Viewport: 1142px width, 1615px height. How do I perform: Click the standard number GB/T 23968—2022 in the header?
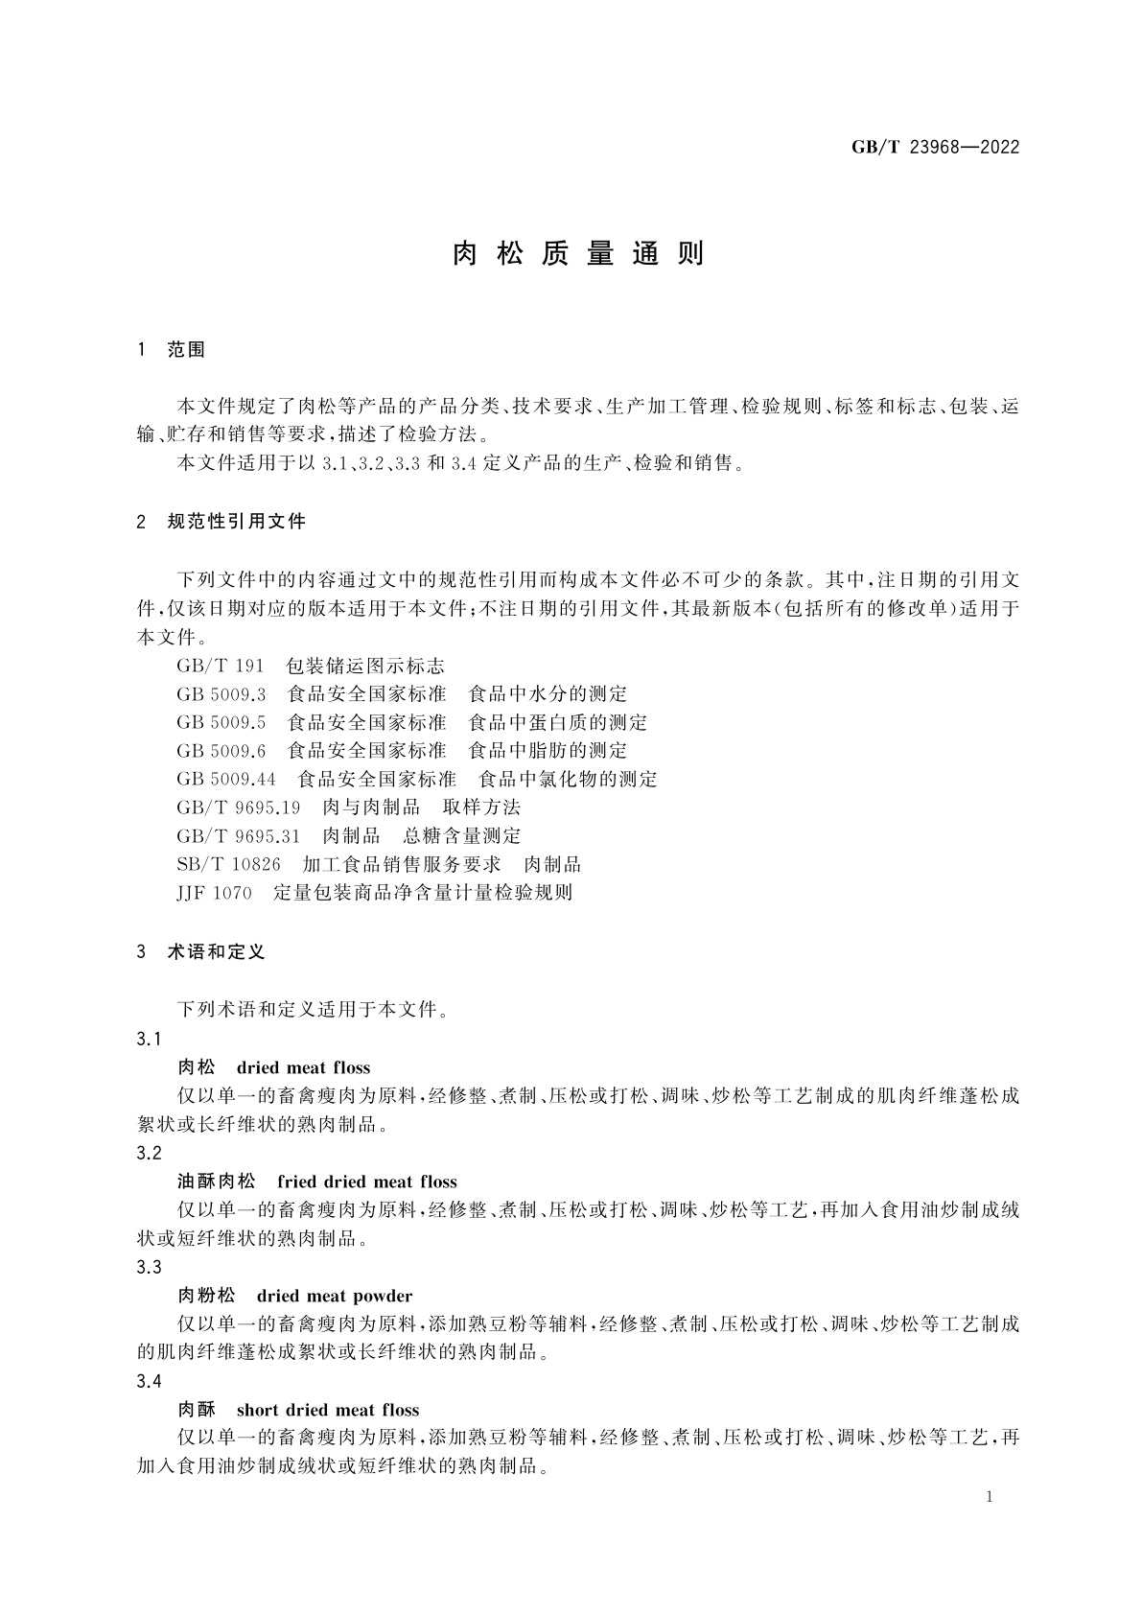pyautogui.click(x=935, y=147)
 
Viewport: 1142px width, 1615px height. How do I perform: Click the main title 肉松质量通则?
pyautogui.click(x=578, y=253)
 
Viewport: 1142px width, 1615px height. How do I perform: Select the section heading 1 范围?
pyautogui.click(x=172, y=350)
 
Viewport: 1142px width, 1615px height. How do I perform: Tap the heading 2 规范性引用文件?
pyautogui.click(x=221, y=522)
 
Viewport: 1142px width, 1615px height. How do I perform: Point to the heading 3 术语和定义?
pyautogui.click(x=201, y=951)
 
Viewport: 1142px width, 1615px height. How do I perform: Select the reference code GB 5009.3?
pyautogui.click(x=221, y=693)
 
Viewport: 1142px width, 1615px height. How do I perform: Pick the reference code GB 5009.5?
pyautogui.click(x=221, y=722)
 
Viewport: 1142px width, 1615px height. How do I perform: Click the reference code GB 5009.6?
pyautogui.click(x=221, y=750)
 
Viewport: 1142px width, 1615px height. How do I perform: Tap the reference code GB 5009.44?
pyautogui.click(x=226, y=779)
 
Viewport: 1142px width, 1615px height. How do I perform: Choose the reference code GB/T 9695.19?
pyautogui.click(x=239, y=807)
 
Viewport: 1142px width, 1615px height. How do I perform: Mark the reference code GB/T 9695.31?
pyautogui.click(x=239, y=835)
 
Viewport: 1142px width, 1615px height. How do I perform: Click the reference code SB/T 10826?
pyautogui.click(x=228, y=864)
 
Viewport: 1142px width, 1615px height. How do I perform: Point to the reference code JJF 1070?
pyautogui.click(x=214, y=893)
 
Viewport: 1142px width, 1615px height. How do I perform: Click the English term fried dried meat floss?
pyautogui.click(x=366, y=1182)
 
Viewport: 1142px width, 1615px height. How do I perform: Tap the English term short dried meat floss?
pyautogui.click(x=327, y=1410)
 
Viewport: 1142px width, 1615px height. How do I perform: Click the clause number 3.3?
pyautogui.click(x=150, y=1268)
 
